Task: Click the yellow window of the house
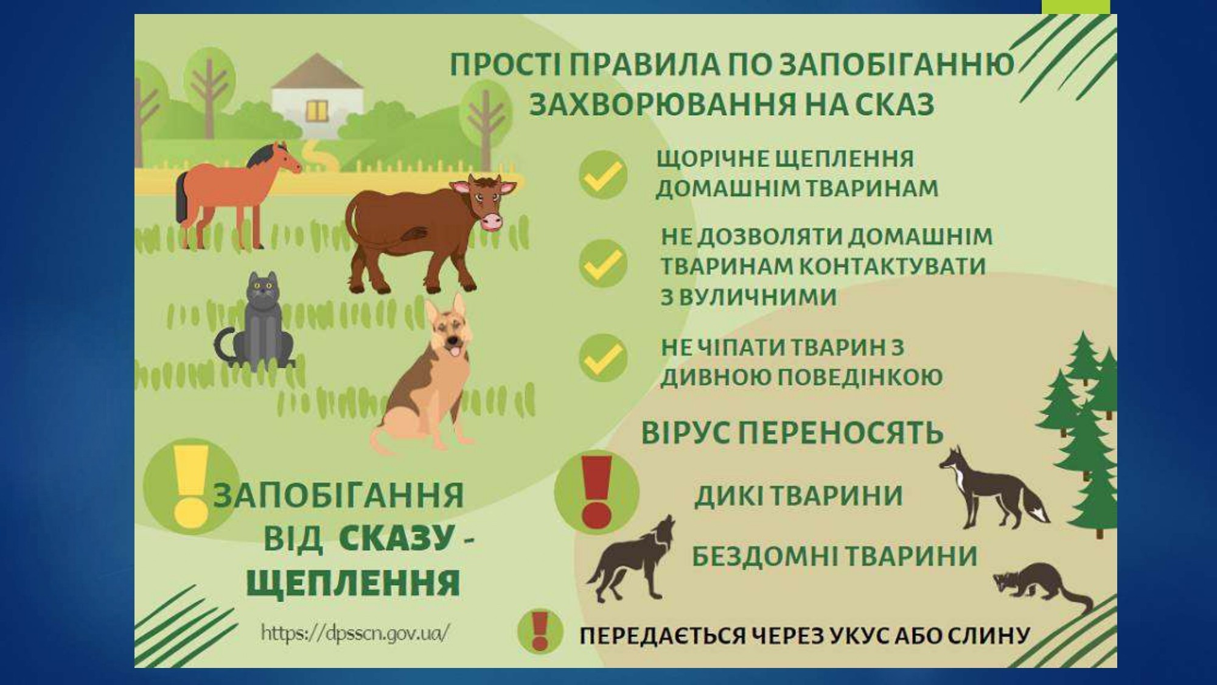click(x=317, y=110)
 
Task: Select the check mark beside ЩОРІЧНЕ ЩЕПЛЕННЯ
click(x=603, y=175)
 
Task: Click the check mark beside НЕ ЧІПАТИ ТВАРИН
click(x=603, y=357)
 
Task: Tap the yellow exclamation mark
click(x=190, y=487)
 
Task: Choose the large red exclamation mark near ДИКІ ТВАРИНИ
click(x=597, y=492)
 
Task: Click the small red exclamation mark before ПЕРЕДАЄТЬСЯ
click(x=540, y=631)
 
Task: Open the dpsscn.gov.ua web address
click(x=355, y=633)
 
